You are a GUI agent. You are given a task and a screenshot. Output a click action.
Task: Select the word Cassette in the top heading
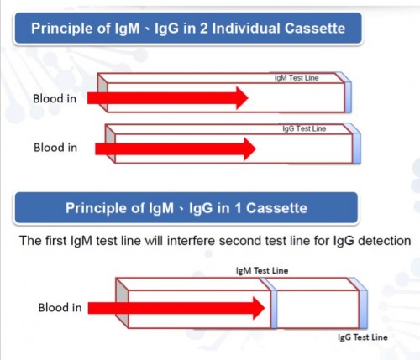315,29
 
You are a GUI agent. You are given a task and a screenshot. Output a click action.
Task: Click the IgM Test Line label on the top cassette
297,78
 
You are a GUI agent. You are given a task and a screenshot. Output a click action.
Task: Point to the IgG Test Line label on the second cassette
304,128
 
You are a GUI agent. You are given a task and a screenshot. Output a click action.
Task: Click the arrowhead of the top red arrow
242,98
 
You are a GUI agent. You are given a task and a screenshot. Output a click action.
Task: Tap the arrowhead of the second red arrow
250,149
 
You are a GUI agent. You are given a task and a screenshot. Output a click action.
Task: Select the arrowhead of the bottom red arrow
259,308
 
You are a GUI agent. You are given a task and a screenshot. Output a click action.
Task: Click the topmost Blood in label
55,98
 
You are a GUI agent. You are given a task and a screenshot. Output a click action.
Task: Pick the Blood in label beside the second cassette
55,148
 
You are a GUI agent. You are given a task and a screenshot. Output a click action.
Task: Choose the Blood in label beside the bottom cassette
60,307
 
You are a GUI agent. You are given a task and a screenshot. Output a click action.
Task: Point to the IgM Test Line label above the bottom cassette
262,270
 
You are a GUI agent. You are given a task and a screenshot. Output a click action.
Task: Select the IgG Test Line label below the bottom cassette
363,337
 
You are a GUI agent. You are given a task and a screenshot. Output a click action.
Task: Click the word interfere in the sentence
191,241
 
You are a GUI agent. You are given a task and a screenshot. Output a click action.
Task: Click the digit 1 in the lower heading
238,208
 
